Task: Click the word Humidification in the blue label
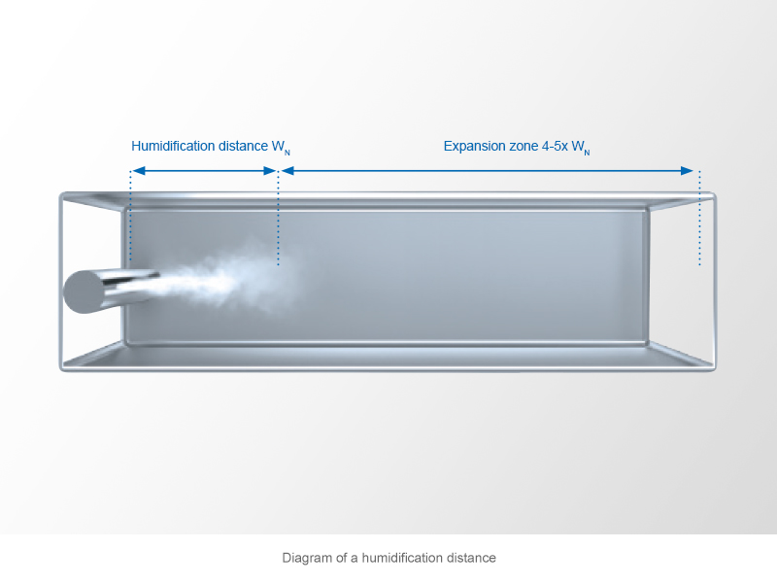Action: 172,147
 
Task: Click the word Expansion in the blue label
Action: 474,147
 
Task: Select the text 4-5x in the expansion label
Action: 559,147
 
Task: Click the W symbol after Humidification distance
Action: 278,147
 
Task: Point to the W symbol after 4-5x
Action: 579,147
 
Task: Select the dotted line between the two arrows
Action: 279,219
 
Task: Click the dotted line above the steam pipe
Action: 129,219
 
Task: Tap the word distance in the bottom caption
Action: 470,559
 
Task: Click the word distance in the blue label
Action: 241,147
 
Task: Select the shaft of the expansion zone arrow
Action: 486,171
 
